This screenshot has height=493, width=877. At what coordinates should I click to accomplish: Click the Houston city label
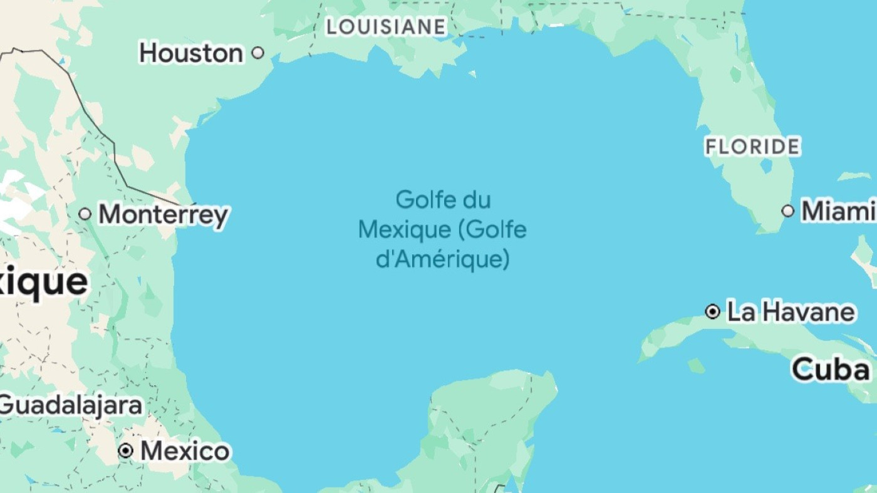[x=190, y=53]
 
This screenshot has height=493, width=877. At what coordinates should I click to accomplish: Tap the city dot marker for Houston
[x=257, y=53]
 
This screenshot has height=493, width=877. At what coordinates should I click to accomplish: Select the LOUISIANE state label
[x=386, y=26]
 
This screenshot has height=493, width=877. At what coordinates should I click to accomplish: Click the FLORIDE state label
[x=752, y=147]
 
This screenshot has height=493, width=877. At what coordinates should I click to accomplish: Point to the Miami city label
[x=838, y=211]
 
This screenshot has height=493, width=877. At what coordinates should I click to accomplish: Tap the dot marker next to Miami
[x=788, y=211]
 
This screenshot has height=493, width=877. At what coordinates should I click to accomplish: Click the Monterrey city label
[x=163, y=215]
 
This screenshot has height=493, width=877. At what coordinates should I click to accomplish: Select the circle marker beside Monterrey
[x=85, y=214]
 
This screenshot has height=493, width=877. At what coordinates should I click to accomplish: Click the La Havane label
[x=791, y=311]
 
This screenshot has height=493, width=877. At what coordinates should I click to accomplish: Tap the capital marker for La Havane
[x=712, y=311]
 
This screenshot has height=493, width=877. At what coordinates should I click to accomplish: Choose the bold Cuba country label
[x=831, y=369]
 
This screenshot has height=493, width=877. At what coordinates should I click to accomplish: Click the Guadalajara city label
[x=70, y=405]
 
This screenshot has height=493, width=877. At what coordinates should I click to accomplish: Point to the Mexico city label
[x=185, y=451]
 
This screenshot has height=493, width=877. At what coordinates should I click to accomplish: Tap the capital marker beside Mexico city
[x=126, y=450]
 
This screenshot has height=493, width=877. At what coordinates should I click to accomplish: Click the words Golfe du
[x=443, y=200]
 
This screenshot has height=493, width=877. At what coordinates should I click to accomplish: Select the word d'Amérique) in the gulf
[x=442, y=259]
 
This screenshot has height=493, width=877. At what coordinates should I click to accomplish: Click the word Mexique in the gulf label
[x=404, y=230]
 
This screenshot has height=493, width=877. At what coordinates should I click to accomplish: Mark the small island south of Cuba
[x=696, y=366]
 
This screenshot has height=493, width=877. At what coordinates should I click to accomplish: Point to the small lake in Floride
[x=765, y=166]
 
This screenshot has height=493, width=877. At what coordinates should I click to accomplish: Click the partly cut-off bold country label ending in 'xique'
[x=44, y=283]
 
